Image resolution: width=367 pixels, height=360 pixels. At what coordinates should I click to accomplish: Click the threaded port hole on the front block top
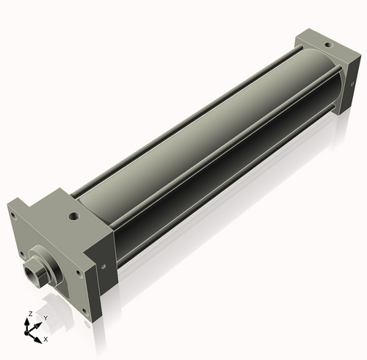tap(73, 217)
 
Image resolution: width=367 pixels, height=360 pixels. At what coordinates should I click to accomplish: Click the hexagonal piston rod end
tap(34, 274)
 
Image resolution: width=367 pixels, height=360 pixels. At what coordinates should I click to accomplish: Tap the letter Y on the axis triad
tap(45, 318)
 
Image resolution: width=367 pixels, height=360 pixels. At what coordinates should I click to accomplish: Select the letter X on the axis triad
tap(46, 339)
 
